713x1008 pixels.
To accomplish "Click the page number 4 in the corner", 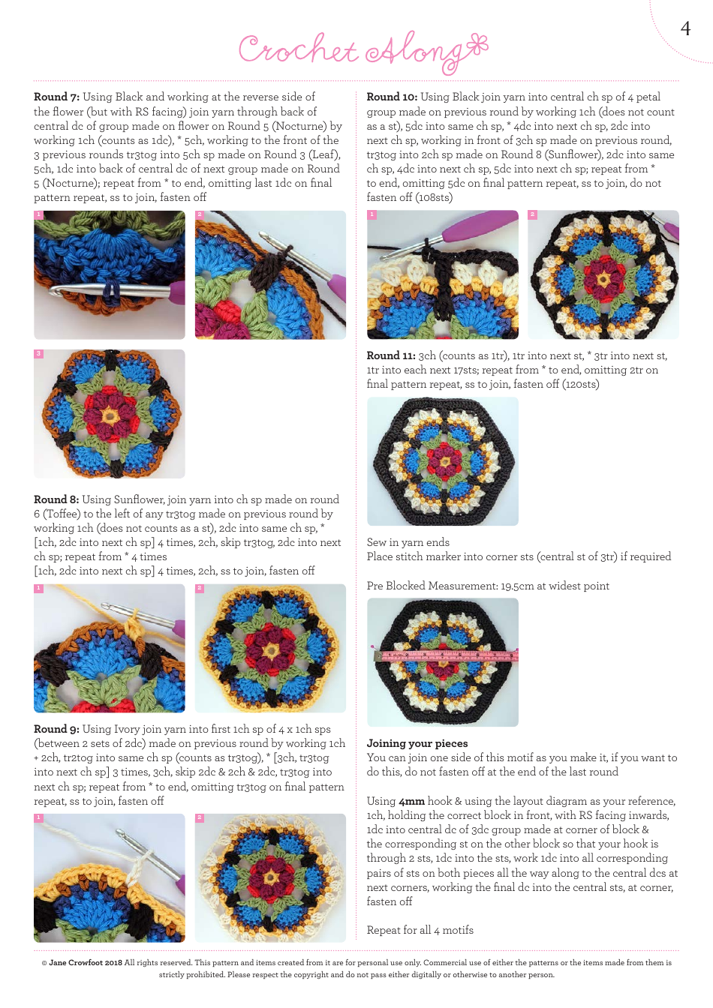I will pyautogui.click(x=684, y=28).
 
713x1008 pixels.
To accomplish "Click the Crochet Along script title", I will pyautogui.click(x=363, y=51).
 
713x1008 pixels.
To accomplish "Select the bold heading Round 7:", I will pyautogui.click(x=56, y=97).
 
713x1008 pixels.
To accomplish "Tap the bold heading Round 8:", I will pyautogui.click(x=56, y=499).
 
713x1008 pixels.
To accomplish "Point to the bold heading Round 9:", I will pyautogui.click(x=56, y=729).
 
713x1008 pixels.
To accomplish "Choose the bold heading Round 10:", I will pyautogui.click(x=392, y=97).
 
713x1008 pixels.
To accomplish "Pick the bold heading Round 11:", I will pyautogui.click(x=391, y=355).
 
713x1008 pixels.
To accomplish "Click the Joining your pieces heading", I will pyautogui.click(x=417, y=743).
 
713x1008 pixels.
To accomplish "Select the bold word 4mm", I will pyautogui.click(x=411, y=801).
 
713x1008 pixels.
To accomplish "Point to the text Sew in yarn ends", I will pyautogui.click(x=408, y=542).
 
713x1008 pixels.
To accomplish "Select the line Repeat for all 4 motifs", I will pyautogui.click(x=420, y=930).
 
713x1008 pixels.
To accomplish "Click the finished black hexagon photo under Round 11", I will pyautogui.click(x=443, y=461).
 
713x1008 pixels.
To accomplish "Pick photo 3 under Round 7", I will pyautogui.click(x=110, y=414).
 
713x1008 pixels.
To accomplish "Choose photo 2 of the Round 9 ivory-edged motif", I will pyautogui.click(x=270, y=878).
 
